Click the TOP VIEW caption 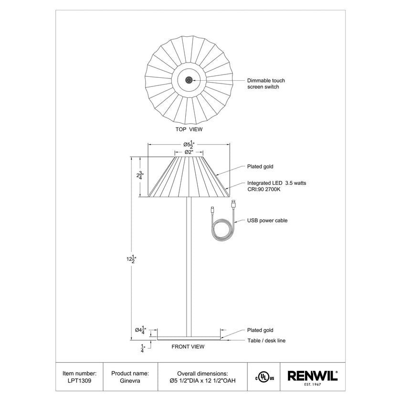pyautogui.click(x=189, y=129)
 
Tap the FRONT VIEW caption pyautogui.click(x=188, y=347)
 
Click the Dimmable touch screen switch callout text pyautogui.click(x=263, y=84)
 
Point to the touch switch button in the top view pyautogui.click(x=189, y=80)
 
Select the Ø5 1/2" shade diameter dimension pyautogui.click(x=189, y=144)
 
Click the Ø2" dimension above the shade pyautogui.click(x=189, y=152)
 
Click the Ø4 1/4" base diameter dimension pyautogui.click(x=140, y=330)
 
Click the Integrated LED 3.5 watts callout pyautogui.click(x=270, y=186)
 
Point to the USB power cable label pyautogui.click(x=267, y=221)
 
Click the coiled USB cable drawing pyautogui.click(x=223, y=231)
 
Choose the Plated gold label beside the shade pyautogui.click(x=260, y=167)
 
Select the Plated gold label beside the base pyautogui.click(x=260, y=330)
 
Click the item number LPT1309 pyautogui.click(x=80, y=380)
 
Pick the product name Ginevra pyautogui.click(x=130, y=380)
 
